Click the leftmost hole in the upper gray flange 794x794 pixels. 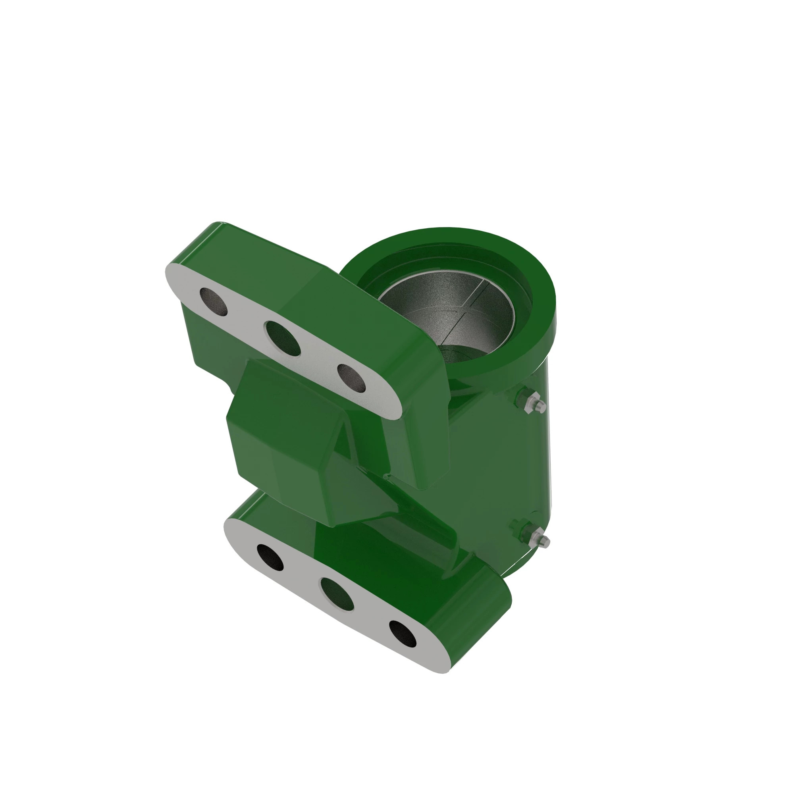pos(213,302)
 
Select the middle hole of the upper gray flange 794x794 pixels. pos(283,338)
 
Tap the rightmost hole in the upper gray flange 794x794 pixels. pos(351,377)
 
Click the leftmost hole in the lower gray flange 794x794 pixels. pos(270,558)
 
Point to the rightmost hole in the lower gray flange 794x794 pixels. pos(402,633)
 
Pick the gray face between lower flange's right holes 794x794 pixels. pos(370,617)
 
